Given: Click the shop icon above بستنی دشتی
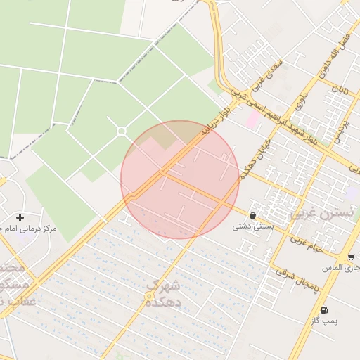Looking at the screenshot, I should click(252, 215).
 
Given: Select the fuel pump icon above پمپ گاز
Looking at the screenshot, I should click(323, 310).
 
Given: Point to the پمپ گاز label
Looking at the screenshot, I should click(324, 321).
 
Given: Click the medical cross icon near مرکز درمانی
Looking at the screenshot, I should click(20, 218).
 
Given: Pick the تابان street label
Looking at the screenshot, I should click(340, 91).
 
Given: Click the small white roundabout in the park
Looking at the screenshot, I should click(121, 131).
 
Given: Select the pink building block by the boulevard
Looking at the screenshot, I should click(251, 119).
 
